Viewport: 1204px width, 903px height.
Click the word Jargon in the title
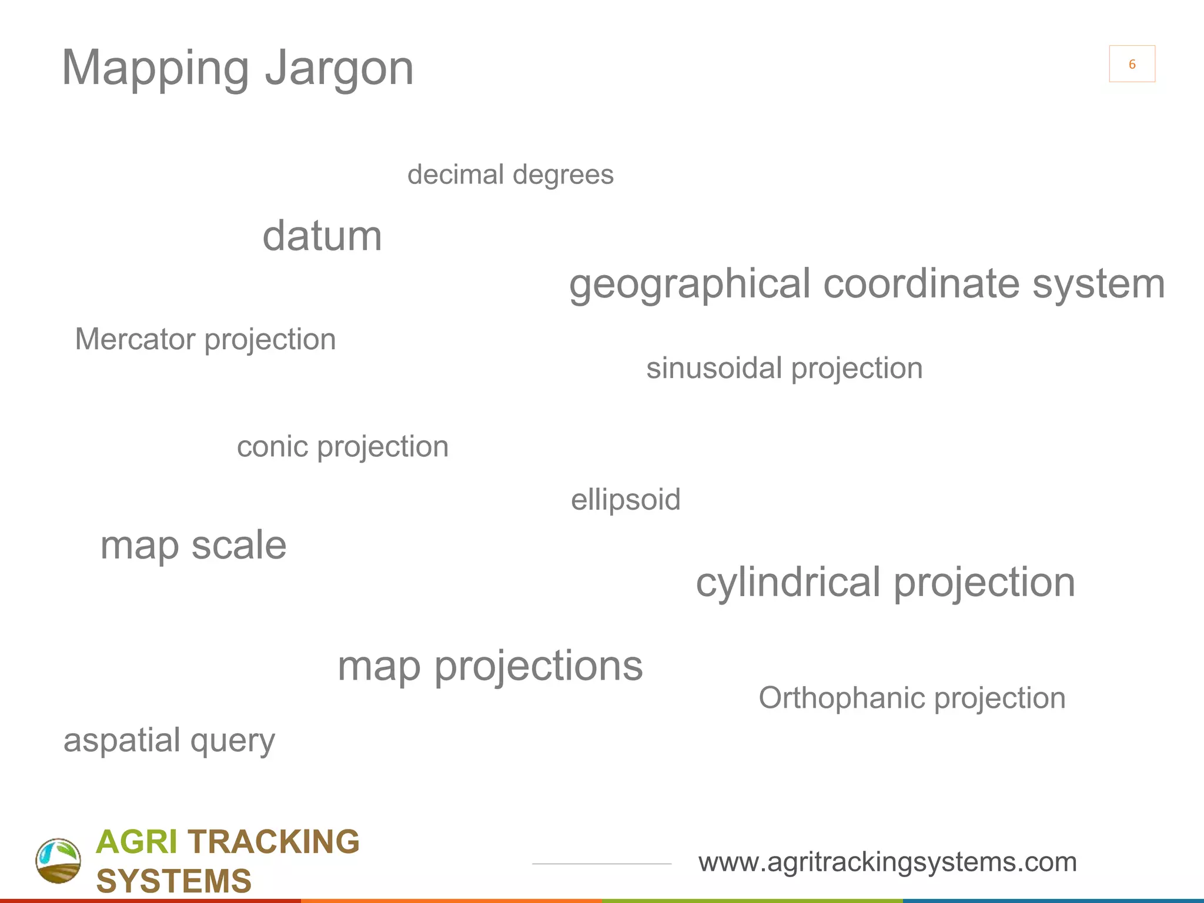339,69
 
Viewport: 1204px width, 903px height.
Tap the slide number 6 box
1132,64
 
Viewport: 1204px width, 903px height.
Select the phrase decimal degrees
510,175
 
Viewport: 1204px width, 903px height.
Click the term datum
322,236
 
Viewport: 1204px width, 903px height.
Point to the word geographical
690,285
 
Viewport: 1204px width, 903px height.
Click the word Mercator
135,340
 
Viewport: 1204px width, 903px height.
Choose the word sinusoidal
714,369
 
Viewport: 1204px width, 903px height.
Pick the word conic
272,447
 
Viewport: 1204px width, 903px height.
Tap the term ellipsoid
626,500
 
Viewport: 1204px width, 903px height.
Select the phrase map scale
193,546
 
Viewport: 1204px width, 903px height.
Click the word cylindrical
788,583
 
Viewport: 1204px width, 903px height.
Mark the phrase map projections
490,667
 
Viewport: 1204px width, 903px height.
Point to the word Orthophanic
841,698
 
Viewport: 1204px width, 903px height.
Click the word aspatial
122,740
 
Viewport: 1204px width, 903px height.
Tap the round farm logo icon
58,861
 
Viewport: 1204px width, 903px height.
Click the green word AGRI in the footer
136,842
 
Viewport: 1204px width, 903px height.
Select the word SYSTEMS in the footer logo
174,881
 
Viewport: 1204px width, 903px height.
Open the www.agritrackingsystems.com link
887,862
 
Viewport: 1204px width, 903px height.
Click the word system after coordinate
1098,285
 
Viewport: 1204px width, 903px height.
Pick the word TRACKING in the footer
273,842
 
